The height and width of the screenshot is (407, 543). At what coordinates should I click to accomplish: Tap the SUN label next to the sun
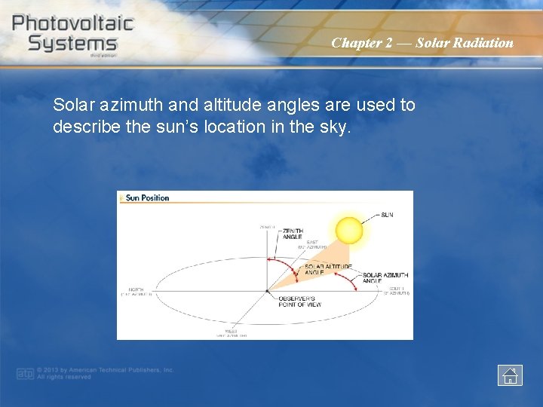click(387, 215)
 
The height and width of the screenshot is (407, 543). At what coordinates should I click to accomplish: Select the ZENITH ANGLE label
click(293, 234)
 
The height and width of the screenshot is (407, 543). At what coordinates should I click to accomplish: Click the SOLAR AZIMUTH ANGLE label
click(385, 279)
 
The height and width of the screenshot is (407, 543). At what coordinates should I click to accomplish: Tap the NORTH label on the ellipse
click(136, 291)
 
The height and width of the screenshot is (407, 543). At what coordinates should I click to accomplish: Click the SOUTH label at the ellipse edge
click(398, 290)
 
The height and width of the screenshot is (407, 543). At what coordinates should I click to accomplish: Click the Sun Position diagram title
click(147, 198)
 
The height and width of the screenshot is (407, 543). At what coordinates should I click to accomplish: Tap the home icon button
click(510, 375)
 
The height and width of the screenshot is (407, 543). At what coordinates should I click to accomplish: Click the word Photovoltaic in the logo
click(73, 23)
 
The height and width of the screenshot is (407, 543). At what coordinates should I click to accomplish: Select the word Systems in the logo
click(72, 43)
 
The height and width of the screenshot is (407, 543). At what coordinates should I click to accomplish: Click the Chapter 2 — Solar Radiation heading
click(422, 43)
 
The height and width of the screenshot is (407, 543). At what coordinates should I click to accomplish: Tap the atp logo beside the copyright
click(25, 374)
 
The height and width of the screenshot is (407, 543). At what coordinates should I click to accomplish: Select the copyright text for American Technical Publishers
click(106, 374)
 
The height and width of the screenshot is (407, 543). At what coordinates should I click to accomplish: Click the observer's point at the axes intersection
click(267, 291)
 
